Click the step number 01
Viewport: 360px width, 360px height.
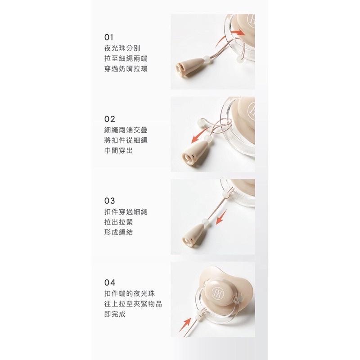coord(108,37)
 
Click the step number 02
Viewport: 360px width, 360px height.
coord(109,119)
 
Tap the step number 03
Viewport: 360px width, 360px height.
coord(109,201)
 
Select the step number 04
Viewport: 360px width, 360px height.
coord(109,283)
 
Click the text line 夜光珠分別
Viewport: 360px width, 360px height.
coord(122,48)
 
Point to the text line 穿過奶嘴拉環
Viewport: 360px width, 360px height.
coord(126,69)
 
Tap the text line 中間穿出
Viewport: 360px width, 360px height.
coord(118,151)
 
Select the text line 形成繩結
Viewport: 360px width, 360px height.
coord(118,232)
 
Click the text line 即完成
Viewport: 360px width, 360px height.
coord(115,314)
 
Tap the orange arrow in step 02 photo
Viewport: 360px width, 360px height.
coord(201,135)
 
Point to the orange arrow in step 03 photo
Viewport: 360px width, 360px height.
coord(221,217)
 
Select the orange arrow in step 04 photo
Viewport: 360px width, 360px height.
coord(185,324)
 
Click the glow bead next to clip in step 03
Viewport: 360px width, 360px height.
coord(205,222)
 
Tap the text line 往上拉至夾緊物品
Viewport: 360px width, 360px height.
coord(133,304)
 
